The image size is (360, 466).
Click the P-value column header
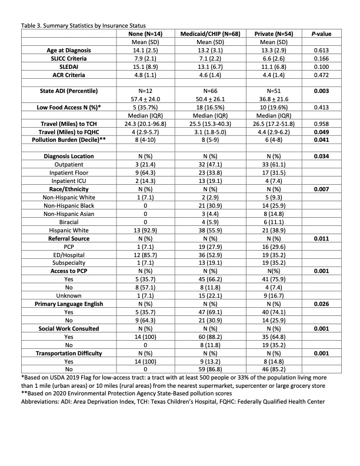(321, 34)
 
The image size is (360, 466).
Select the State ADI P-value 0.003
(321, 91)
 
